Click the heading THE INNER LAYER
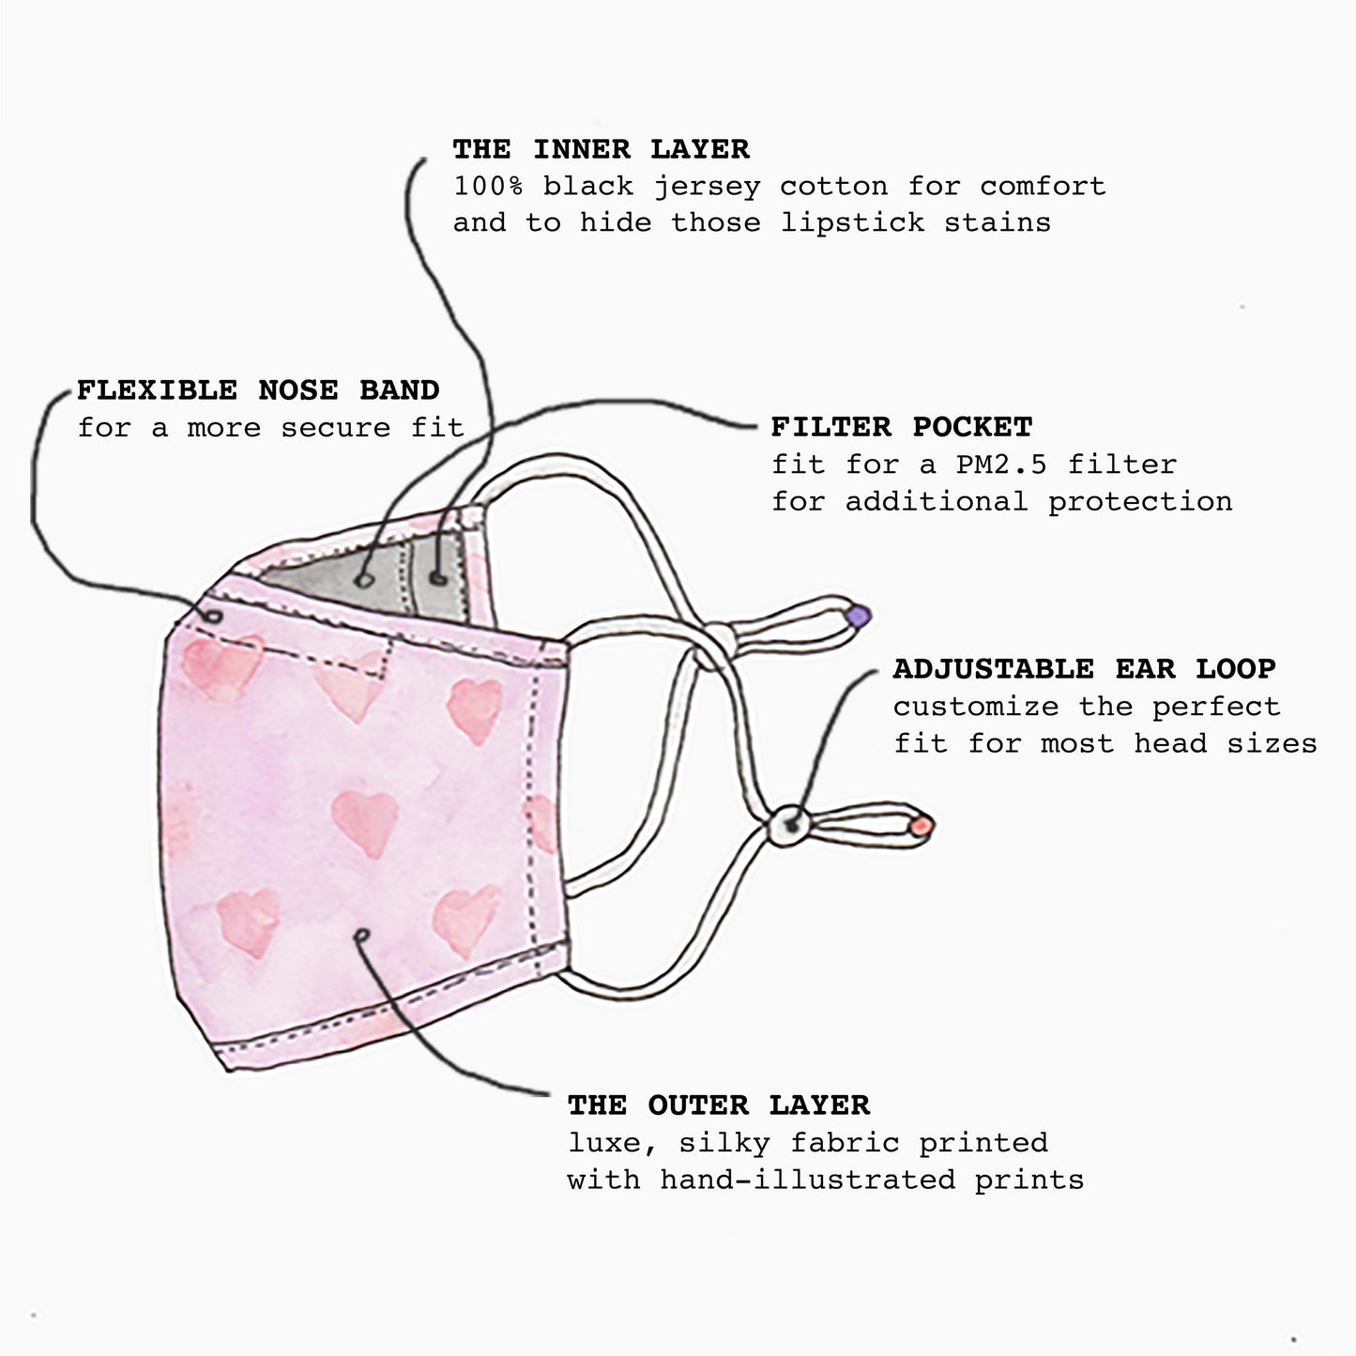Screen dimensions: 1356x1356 601,149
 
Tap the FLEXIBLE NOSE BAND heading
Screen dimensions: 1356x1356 258,390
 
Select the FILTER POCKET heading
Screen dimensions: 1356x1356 901,427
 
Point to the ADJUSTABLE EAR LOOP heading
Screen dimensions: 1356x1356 1084,669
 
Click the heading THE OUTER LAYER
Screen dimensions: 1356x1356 718,1105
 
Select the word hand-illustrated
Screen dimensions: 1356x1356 807,1180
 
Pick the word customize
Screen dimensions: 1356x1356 975,707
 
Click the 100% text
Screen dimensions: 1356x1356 488,186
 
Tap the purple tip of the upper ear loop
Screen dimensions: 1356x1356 859,617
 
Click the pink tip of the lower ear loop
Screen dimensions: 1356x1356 922,826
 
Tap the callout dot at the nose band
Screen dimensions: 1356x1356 214,617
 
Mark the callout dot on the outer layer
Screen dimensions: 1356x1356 362,935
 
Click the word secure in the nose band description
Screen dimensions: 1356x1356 335,428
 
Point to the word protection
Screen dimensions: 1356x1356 1139,501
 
